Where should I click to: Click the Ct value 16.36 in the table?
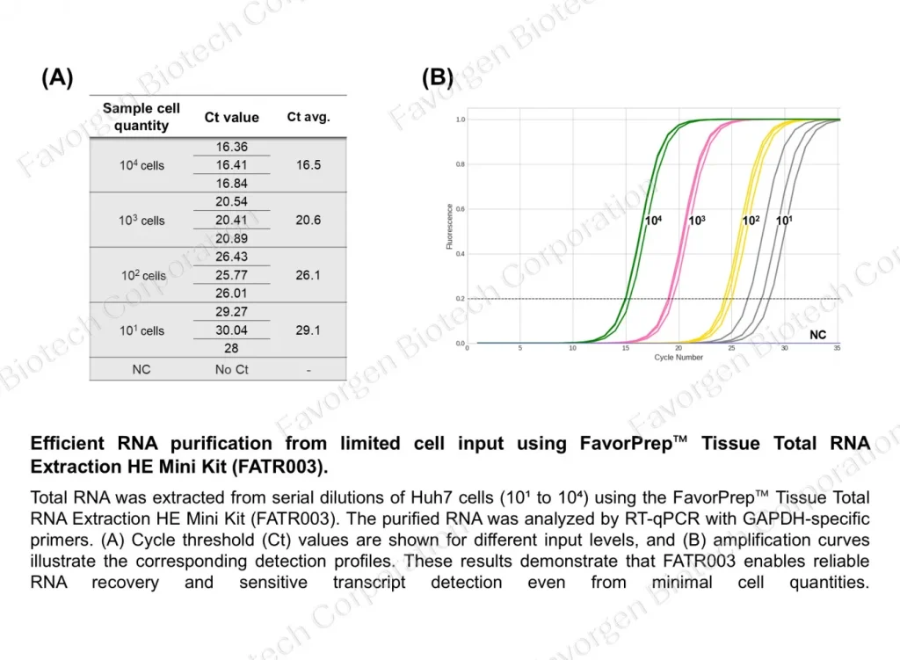(231, 148)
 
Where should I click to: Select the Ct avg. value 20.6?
(308, 221)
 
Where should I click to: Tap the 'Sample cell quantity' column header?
(142, 117)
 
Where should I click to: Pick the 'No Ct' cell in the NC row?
(232, 370)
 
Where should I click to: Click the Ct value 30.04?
(231, 330)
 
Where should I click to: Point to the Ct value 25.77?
(231, 275)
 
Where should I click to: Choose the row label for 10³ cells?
(142, 221)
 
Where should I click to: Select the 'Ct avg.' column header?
(308, 117)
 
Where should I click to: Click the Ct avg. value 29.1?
(308, 330)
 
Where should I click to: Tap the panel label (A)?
(57, 78)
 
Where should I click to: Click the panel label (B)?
(437, 78)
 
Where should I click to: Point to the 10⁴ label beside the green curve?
(653, 221)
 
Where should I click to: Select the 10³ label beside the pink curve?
(696, 221)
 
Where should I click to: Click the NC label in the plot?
(817, 336)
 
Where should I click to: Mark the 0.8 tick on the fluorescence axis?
(460, 164)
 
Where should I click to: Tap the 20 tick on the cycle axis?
(679, 349)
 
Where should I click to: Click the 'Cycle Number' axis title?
(679, 358)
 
